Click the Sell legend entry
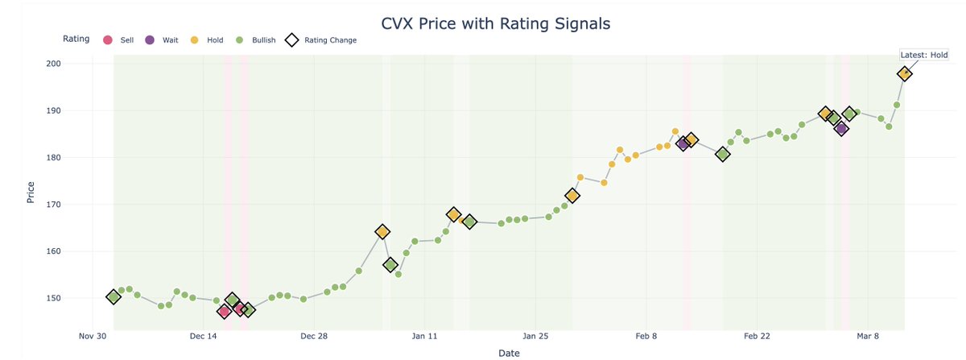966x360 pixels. click(x=121, y=39)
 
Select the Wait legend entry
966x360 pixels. click(x=163, y=39)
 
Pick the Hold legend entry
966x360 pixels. click(x=208, y=39)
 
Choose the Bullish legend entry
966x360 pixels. click(x=256, y=39)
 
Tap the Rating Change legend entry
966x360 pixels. click(x=322, y=39)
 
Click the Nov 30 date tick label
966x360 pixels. click(x=93, y=336)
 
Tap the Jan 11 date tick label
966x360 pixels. click(x=424, y=336)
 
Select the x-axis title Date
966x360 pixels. click(x=509, y=353)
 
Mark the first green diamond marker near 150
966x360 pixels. click(x=114, y=296)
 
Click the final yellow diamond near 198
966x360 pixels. click(x=905, y=73)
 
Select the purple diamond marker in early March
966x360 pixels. click(x=841, y=129)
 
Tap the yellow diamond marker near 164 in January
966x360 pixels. click(x=382, y=232)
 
